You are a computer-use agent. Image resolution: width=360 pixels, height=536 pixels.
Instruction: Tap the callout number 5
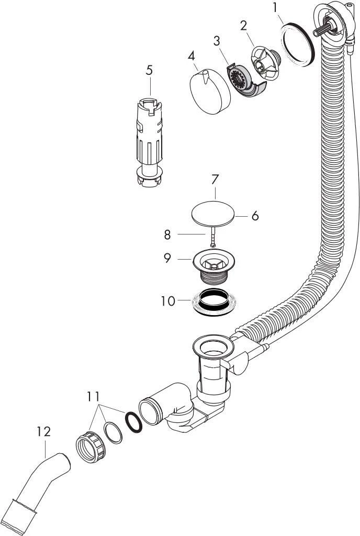150,70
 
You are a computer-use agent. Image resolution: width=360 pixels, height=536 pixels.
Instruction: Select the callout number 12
43,432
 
